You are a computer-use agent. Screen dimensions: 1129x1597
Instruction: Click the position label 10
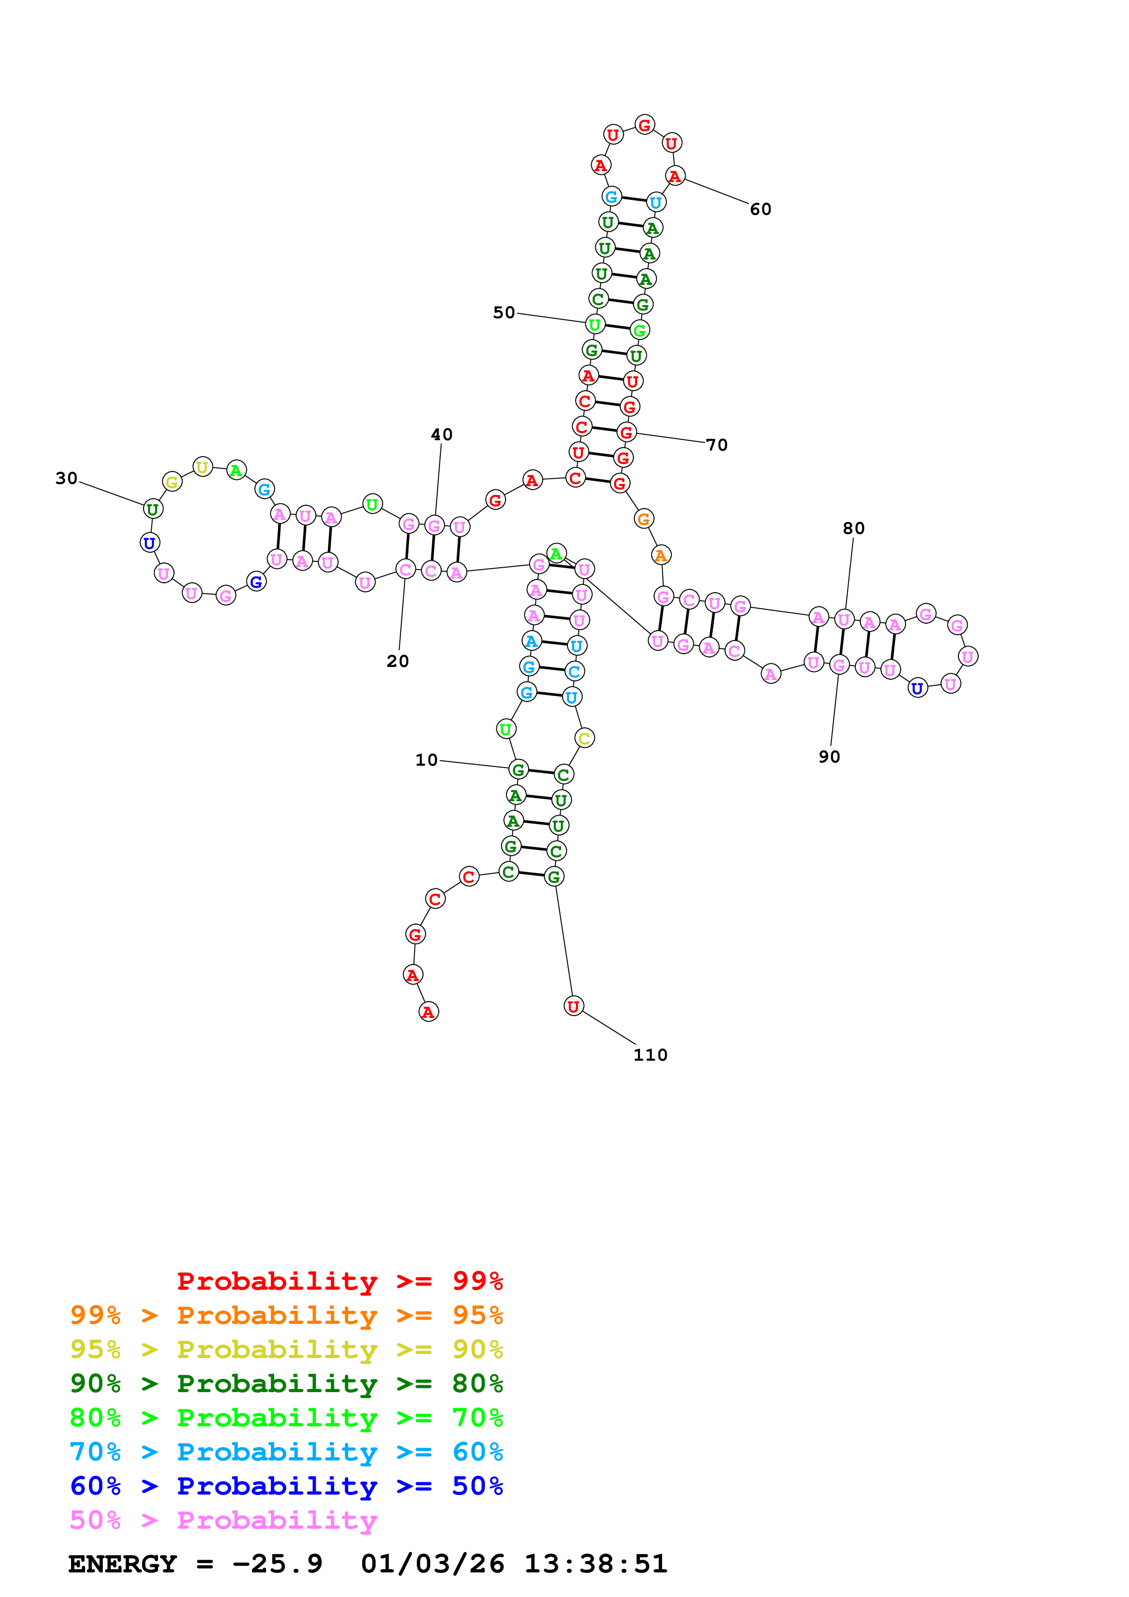[426, 760]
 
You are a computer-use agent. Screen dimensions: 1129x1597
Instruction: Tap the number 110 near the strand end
[650, 1055]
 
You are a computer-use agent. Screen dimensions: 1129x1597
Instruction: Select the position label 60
[760, 209]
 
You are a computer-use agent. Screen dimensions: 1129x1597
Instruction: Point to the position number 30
[67, 478]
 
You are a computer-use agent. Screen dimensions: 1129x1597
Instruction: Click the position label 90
[829, 757]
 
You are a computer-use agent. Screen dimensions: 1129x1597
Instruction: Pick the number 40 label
[442, 435]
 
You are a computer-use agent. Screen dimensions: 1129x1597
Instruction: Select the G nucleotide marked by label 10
[518, 770]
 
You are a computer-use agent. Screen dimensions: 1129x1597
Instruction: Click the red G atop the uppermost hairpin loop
[645, 125]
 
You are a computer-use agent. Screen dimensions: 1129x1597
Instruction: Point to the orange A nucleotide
[661, 555]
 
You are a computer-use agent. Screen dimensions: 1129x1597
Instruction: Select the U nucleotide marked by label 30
[153, 509]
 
